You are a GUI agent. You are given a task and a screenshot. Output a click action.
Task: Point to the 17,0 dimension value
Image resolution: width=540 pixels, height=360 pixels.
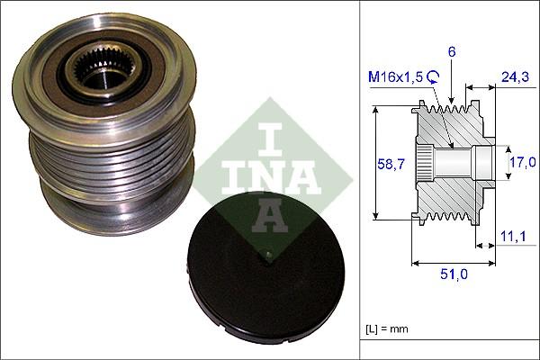click(522, 163)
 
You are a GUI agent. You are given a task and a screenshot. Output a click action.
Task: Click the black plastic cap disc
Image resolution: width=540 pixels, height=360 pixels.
click(261, 270)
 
